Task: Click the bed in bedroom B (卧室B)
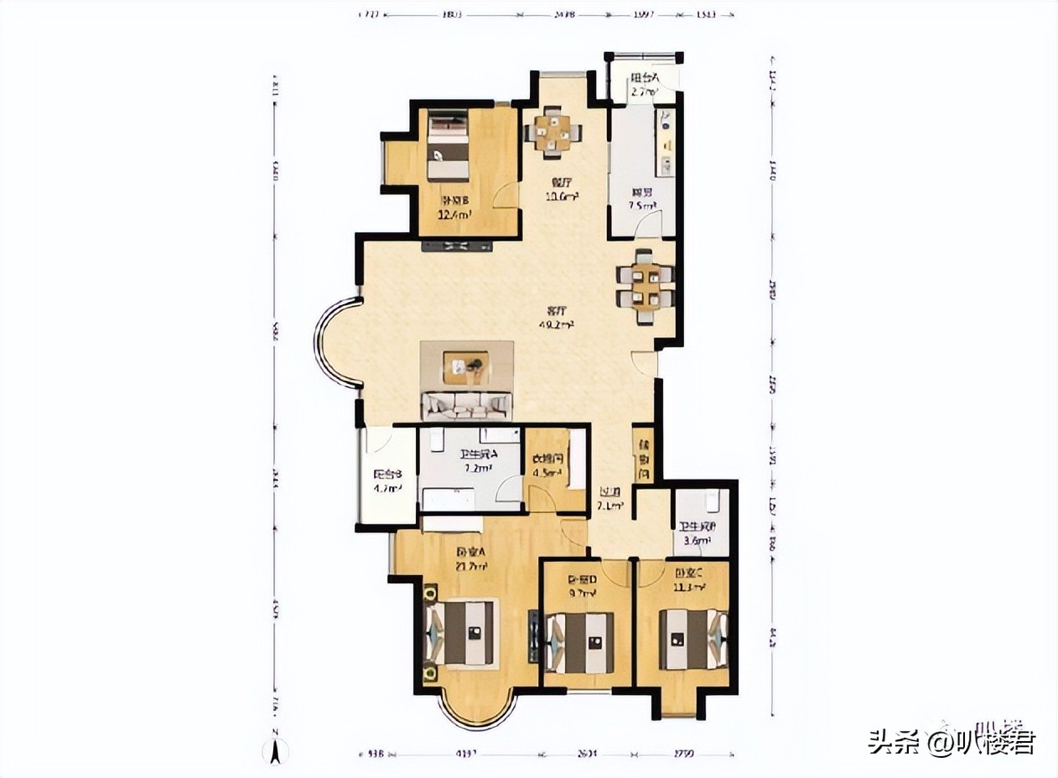[x=449, y=148]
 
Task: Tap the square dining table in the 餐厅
[x=553, y=132]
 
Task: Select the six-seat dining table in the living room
[x=644, y=287]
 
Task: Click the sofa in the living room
[x=466, y=406]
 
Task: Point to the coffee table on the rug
[x=466, y=366]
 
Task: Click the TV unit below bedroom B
[x=457, y=246]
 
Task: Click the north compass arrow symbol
[x=274, y=751]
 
